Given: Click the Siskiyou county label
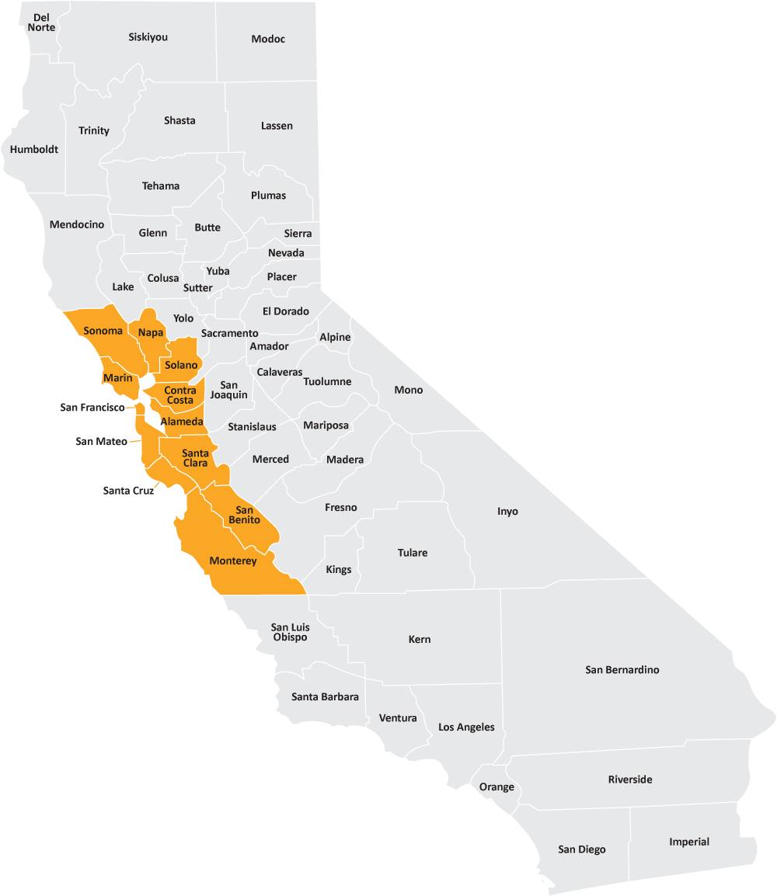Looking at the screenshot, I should click(x=148, y=37).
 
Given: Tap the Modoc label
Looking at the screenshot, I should click(x=268, y=40).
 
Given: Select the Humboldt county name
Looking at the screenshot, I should click(x=34, y=150).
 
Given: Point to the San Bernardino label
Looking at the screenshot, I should click(x=622, y=670).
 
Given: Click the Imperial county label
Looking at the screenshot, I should click(x=689, y=842).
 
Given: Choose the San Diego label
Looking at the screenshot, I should click(x=581, y=850).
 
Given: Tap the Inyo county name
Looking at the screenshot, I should click(x=507, y=512).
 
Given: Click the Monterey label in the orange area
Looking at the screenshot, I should click(x=232, y=561).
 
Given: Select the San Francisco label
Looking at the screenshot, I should click(x=92, y=408).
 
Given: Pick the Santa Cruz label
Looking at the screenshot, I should click(x=128, y=491).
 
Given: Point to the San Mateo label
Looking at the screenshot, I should click(x=101, y=442).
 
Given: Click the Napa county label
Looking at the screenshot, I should click(x=151, y=333).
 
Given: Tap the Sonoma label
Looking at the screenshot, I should click(x=103, y=332).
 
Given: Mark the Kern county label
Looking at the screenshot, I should click(x=419, y=640).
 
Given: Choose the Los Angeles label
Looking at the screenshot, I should click(x=466, y=728).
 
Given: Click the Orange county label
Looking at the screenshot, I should click(x=497, y=787).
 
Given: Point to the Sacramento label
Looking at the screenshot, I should click(x=229, y=334).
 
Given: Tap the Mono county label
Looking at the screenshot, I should click(x=408, y=391).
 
